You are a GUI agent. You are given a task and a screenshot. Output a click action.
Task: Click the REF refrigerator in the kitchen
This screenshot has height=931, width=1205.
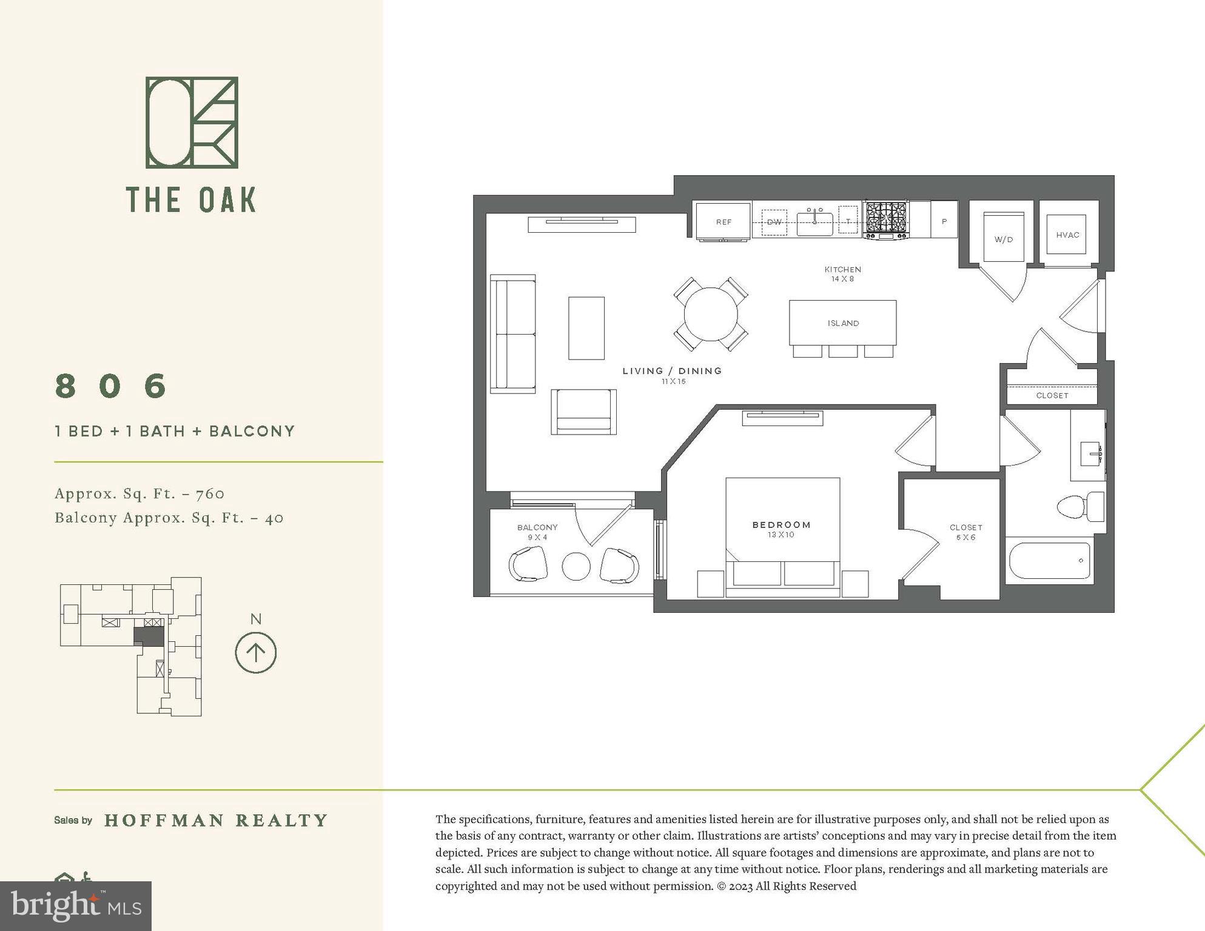(723, 222)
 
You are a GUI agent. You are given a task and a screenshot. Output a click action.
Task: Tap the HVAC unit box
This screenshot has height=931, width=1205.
(1067, 235)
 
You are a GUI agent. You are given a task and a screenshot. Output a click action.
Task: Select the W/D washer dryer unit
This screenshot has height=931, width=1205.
(1004, 237)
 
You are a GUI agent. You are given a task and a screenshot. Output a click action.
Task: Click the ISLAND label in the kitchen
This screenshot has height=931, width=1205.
(843, 323)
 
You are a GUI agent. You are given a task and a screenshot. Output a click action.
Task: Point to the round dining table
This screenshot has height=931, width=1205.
(711, 314)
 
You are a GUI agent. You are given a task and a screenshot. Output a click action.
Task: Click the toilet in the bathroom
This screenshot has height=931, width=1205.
(1079, 507)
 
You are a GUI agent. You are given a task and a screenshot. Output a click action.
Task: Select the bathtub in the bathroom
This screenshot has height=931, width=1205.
(1049, 560)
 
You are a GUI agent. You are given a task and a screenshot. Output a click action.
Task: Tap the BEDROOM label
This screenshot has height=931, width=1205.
(781, 525)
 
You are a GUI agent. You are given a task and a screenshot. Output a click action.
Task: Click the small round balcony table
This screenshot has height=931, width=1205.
(576, 566)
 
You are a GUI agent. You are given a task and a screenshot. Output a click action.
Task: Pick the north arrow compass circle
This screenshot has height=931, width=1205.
(255, 653)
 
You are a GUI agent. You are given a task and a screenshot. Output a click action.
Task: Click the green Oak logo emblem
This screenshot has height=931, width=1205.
(192, 122)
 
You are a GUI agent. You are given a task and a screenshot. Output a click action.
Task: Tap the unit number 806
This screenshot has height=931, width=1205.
(111, 385)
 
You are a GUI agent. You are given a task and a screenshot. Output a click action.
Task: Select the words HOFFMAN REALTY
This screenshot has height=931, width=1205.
(216, 821)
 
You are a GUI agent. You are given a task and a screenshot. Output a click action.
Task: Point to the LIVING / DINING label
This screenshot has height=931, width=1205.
(672, 371)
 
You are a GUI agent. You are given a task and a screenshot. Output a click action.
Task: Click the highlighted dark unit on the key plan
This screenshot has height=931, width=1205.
(149, 636)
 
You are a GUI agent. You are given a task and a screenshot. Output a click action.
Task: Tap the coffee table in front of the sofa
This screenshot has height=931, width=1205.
(586, 328)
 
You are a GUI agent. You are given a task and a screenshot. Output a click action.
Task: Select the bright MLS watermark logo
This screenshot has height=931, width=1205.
(76, 906)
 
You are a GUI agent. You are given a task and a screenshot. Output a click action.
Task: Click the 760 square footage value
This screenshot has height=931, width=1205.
(210, 494)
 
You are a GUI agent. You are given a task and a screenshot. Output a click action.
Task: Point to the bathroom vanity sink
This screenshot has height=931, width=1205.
(1092, 452)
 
